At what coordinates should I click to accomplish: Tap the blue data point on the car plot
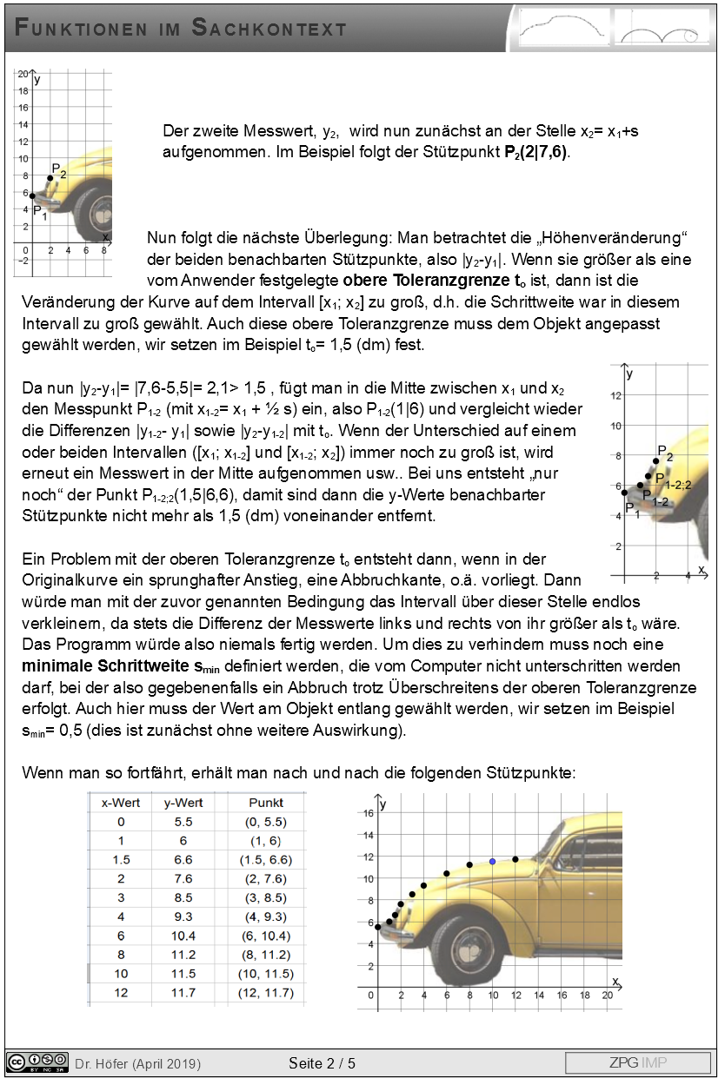pyautogui.click(x=492, y=861)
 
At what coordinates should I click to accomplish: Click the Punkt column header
pyautogui.click(x=266, y=803)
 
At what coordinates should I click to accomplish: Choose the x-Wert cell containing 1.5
pyautogui.click(x=121, y=859)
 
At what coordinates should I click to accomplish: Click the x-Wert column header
pyautogui.click(x=121, y=803)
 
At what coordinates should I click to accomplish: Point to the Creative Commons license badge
pyautogui.click(x=37, y=1062)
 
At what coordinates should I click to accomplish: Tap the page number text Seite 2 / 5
pyautogui.click(x=323, y=1062)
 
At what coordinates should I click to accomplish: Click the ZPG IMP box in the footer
pyautogui.click(x=637, y=1062)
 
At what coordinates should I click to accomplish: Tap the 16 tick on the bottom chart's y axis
pyautogui.click(x=369, y=813)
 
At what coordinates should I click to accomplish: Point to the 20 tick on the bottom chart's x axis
pyautogui.click(x=606, y=996)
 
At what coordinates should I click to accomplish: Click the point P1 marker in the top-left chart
pyautogui.click(x=32, y=195)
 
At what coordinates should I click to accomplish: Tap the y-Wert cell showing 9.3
pyautogui.click(x=183, y=916)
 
